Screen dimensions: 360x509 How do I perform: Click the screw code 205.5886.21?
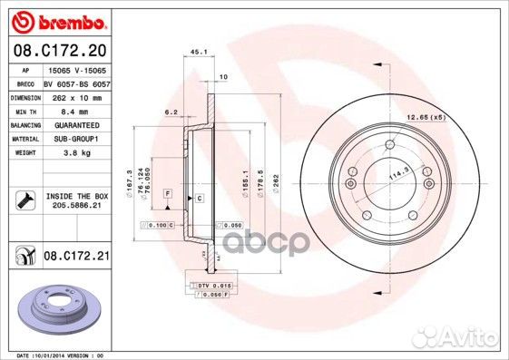75,205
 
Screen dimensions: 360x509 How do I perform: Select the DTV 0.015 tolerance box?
215,286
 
